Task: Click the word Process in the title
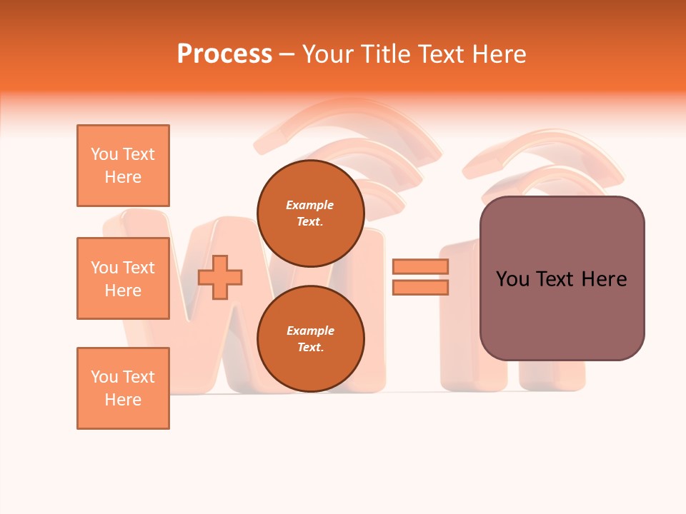point(224,54)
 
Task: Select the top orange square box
point(123,166)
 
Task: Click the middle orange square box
point(123,278)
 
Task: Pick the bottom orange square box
point(123,388)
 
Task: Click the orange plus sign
point(220,276)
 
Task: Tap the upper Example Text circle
point(311,213)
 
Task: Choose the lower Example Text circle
point(311,338)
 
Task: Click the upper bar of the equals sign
point(420,266)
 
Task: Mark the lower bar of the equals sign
point(420,287)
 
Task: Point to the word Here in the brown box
point(605,278)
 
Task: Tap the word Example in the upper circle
point(310,205)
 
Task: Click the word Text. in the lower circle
point(310,347)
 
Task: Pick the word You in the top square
point(104,154)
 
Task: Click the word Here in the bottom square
point(123,400)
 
